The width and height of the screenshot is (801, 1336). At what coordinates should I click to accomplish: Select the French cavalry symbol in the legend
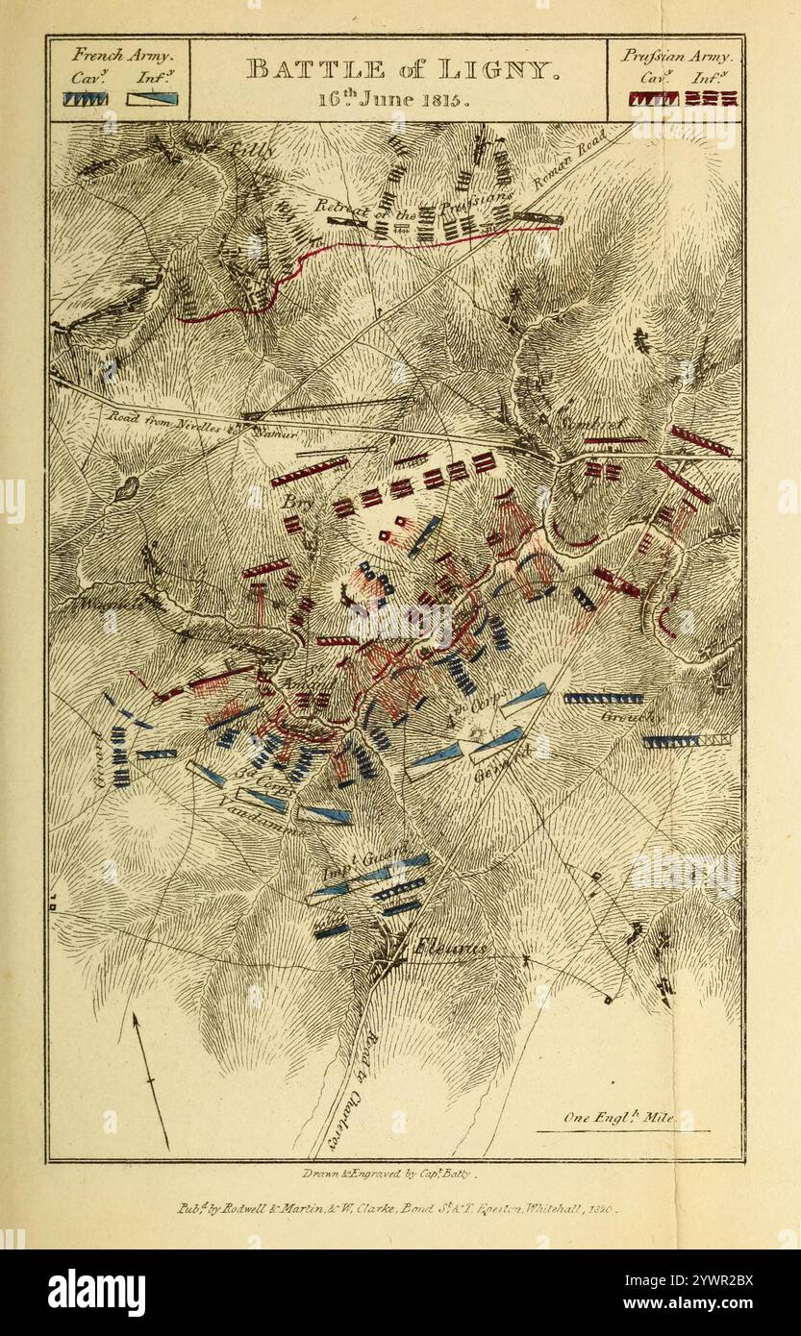point(86,98)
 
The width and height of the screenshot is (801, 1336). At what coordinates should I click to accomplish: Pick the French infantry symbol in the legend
point(152,98)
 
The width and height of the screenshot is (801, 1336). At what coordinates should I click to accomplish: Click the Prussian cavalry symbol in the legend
point(653,98)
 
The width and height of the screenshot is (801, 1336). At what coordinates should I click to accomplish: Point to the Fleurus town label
point(451,949)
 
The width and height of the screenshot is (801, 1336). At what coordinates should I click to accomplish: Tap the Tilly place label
point(253,150)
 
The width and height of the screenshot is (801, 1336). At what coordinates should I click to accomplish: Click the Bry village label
point(291,502)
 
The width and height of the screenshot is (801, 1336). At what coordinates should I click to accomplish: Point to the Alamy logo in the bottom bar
point(96,1292)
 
